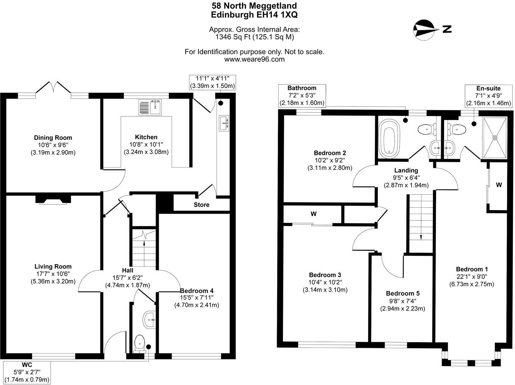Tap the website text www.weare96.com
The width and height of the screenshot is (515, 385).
coord(254,59)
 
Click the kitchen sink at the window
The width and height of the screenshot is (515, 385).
coord(150,107)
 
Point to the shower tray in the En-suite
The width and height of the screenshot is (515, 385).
coord(494,138)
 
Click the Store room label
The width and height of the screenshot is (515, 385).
coord(201,205)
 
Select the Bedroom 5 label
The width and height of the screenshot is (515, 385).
coord(403,294)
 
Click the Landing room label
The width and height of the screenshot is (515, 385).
coord(406,171)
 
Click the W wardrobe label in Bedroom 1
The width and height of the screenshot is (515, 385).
coord(499,185)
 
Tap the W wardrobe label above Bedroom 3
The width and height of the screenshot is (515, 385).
coord(314,214)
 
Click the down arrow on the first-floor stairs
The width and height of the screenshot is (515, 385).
coord(420,236)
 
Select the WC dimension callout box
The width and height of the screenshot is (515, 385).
coord(27,372)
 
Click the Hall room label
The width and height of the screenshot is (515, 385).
coord(127,270)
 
